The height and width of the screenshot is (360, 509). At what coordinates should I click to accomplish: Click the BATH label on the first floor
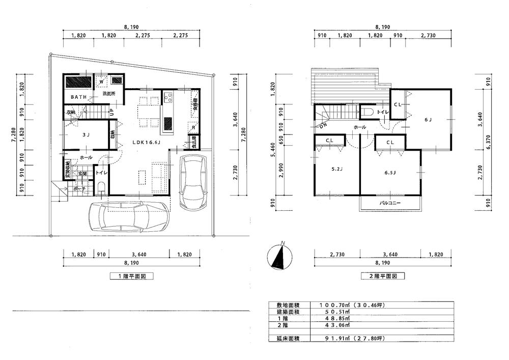pos(78,97)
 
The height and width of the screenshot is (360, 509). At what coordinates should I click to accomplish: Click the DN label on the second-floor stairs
pos(324,125)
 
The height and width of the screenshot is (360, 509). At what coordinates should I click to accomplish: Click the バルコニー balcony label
pos(390,203)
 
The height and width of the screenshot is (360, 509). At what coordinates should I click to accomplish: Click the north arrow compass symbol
pos(278,256)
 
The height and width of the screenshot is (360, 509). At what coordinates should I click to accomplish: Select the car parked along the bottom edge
pos(128,217)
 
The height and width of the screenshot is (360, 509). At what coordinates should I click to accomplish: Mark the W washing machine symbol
pos(102,81)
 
